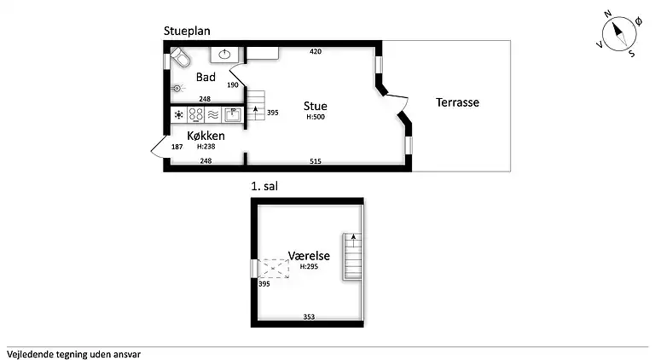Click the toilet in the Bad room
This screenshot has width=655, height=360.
click(x=180, y=57)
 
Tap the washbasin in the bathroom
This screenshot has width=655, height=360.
click(x=225, y=55)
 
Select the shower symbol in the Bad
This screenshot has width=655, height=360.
click(x=177, y=88)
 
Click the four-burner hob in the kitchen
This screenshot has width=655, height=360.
click(x=195, y=114)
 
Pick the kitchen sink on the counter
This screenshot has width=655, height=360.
click(x=233, y=114)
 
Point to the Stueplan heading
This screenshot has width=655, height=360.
click(x=187, y=31)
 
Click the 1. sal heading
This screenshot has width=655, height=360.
click(x=264, y=186)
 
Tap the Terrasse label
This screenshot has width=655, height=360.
click(x=457, y=102)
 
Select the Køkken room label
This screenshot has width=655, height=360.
click(x=206, y=136)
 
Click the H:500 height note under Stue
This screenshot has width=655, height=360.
click(x=316, y=117)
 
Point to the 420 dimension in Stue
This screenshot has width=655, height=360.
click(x=316, y=51)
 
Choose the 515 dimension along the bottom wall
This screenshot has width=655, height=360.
click(x=316, y=161)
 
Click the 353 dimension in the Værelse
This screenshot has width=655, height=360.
click(x=309, y=317)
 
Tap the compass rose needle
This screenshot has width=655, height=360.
click(x=619, y=34)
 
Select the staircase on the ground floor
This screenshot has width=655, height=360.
click(x=256, y=105)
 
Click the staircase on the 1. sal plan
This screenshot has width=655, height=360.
click(x=352, y=256)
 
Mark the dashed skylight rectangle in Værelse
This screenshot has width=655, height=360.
click(x=274, y=269)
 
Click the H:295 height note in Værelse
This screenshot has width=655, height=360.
click(x=309, y=266)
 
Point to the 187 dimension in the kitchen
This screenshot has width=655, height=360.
click(x=177, y=147)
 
